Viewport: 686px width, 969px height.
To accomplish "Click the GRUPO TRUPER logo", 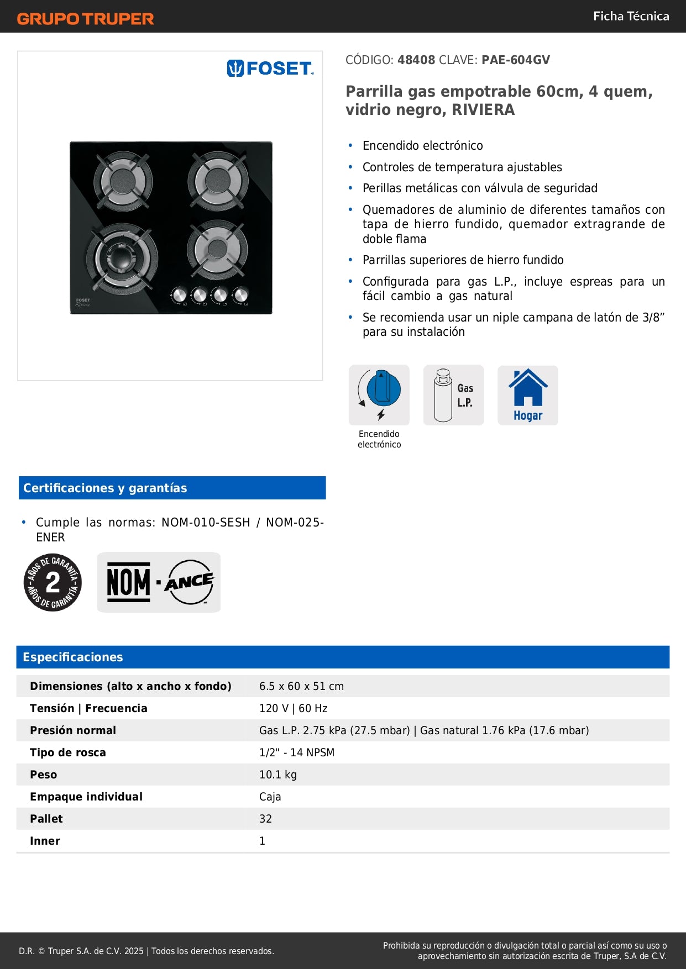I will point(85,19).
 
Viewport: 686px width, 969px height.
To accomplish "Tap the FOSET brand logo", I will point(270,69).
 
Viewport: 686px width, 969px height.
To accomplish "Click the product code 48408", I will point(416,60).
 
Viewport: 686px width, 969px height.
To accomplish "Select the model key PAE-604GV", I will point(516,60).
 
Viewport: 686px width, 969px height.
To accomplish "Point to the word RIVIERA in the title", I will point(483,110).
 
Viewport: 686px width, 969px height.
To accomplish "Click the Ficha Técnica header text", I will point(631,17).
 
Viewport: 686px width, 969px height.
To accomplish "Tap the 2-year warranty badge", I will point(53,582).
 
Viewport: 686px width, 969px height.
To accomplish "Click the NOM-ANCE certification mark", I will point(159,582).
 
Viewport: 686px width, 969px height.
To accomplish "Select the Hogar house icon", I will point(528,395).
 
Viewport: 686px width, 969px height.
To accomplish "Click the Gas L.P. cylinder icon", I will point(453,395).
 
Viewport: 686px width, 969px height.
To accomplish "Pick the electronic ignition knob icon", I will point(379,394).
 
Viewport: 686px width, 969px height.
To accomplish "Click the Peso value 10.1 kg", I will point(277,775).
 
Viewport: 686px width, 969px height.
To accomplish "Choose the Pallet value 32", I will point(265,819).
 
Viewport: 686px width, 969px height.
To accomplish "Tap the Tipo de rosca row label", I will point(67,752).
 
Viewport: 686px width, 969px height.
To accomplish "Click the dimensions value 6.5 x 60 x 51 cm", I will point(301,686).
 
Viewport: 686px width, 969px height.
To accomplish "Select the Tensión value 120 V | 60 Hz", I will point(293,708).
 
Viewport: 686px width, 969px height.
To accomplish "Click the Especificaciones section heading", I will point(72,657).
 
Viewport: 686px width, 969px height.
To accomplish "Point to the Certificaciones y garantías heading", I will point(105,488).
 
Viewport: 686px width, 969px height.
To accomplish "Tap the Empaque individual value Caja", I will point(270,797).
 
